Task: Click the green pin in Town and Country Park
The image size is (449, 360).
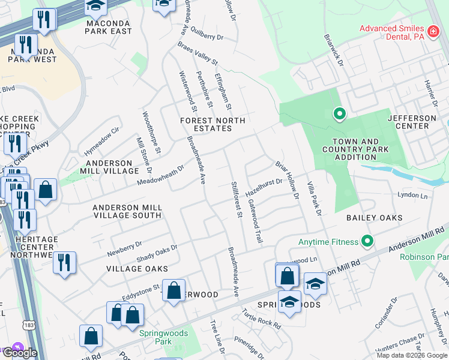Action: (x=339, y=113)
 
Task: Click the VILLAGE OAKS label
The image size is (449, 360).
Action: (x=137, y=268)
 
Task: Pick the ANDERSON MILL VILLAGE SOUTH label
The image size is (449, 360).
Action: (x=127, y=211)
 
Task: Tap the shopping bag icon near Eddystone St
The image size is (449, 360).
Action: (x=173, y=291)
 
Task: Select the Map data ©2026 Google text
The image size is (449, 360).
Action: (x=412, y=355)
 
